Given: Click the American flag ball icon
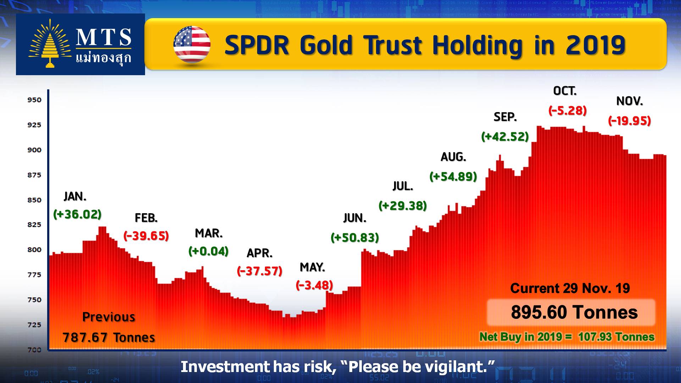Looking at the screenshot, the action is coord(192,44).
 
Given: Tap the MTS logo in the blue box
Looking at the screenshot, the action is coord(80,44).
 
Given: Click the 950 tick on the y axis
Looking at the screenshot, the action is coord(34,100).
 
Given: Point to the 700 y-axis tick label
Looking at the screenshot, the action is coord(34,350).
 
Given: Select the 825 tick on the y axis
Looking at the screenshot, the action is coord(34,225).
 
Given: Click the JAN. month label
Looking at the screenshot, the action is coord(75,196).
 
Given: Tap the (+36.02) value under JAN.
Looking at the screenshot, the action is coord(77,214).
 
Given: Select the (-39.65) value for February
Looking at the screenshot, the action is coord(146,235).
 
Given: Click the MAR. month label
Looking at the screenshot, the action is coord(209,233).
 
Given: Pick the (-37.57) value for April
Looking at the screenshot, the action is coord(260,271).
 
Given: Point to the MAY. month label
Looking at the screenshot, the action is coord(312,267).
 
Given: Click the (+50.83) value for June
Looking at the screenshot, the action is coord(355,237).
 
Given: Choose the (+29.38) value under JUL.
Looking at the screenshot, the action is coord(403,206).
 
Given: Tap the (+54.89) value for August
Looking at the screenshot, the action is coord(453,176).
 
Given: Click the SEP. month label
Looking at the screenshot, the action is coord(505,117).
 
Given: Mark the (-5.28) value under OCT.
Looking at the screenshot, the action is coord(567,111).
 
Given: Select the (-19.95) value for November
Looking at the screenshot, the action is coord(630,121).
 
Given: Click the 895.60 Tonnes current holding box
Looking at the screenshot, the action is coord(571,312).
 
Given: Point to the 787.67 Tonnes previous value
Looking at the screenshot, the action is coord(109,337).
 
